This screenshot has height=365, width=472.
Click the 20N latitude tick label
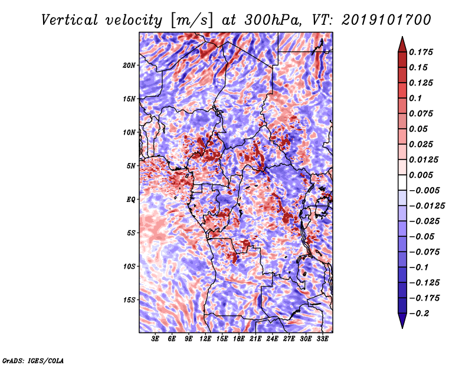pyautogui.click(x=129, y=65)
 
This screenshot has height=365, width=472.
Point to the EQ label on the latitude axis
pyautogui.click(x=130, y=199)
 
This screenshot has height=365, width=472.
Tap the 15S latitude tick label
pyautogui.click(x=129, y=300)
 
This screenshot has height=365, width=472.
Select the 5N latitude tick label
pyautogui.click(x=131, y=166)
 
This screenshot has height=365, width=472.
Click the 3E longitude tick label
pyautogui.click(x=155, y=339)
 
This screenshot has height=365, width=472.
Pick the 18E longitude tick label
pyautogui.click(x=239, y=339)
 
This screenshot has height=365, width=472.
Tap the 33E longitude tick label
pyautogui.click(x=322, y=339)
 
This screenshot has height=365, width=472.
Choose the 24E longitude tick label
pyautogui.click(x=272, y=339)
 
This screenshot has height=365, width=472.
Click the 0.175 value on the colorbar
pyautogui.click(x=421, y=52)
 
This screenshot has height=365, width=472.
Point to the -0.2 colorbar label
pyautogui.click(x=418, y=314)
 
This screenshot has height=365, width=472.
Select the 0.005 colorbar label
pyautogui.click(x=421, y=175)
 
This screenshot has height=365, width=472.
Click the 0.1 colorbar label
pyautogui.click(x=415, y=98)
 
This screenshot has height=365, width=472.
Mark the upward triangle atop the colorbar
pyautogui.click(x=402, y=44)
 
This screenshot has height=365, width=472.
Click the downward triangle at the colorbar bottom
pyautogui.click(x=402, y=321)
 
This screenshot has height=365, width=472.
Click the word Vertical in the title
pyautogui.click(x=69, y=20)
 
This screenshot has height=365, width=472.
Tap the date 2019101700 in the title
pyautogui.click(x=386, y=20)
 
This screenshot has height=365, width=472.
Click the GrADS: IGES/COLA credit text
pyautogui.click(x=33, y=360)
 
